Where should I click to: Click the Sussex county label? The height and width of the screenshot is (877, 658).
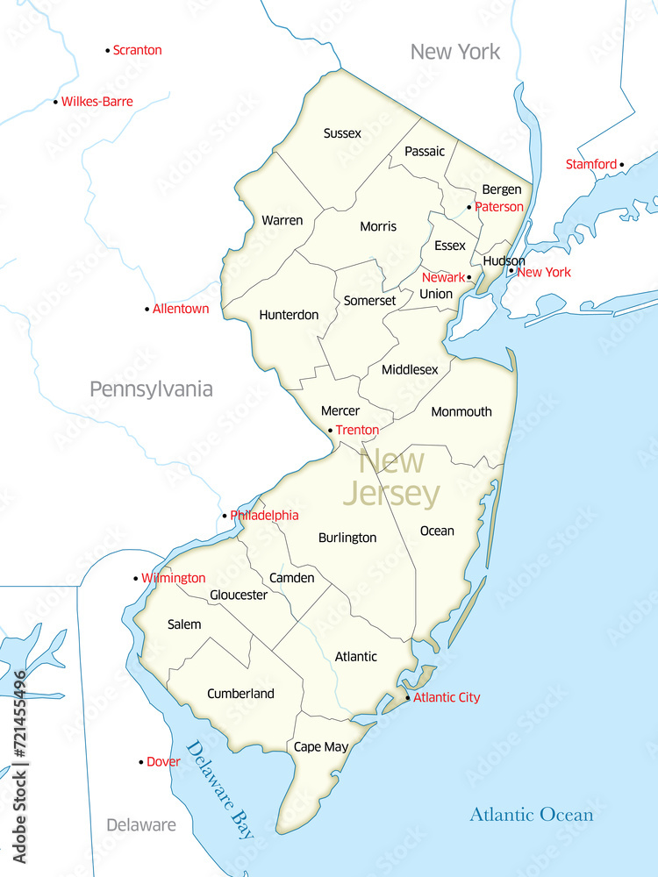(x=342, y=133)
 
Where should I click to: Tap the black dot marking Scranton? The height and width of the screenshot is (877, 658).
(x=108, y=51)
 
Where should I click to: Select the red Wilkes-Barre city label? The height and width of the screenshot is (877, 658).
(x=97, y=102)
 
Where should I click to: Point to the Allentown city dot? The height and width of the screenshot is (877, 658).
(x=147, y=309)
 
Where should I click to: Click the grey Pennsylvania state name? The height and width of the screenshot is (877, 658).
(x=151, y=389)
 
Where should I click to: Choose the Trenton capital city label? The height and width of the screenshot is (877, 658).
(x=357, y=430)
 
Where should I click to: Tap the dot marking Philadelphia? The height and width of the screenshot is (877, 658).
(x=225, y=516)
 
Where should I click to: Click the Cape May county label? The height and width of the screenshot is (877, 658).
(x=320, y=747)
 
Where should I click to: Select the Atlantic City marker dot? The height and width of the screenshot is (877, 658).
(x=407, y=698)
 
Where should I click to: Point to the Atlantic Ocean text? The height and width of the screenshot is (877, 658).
(x=531, y=815)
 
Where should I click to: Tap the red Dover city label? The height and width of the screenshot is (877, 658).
(x=163, y=762)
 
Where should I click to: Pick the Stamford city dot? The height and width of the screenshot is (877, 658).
(x=622, y=164)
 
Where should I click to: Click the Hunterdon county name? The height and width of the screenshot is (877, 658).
(x=289, y=315)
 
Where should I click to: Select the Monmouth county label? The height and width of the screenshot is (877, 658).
(x=461, y=411)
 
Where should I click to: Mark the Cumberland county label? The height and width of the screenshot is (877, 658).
(x=240, y=694)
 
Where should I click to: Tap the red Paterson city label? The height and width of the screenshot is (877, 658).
(x=498, y=207)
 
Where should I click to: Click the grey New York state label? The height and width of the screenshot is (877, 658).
(x=455, y=52)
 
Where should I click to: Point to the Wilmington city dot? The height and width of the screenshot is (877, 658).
(x=135, y=579)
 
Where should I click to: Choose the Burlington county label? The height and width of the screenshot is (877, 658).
(x=347, y=538)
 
